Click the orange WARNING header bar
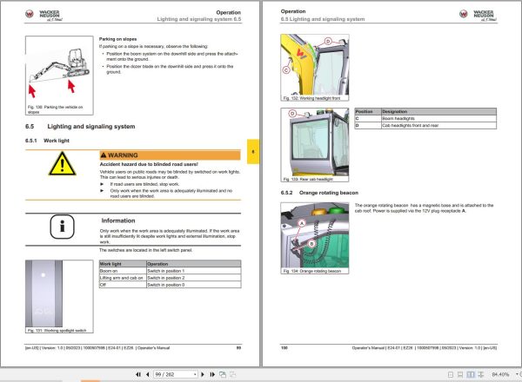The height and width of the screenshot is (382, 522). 169,154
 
